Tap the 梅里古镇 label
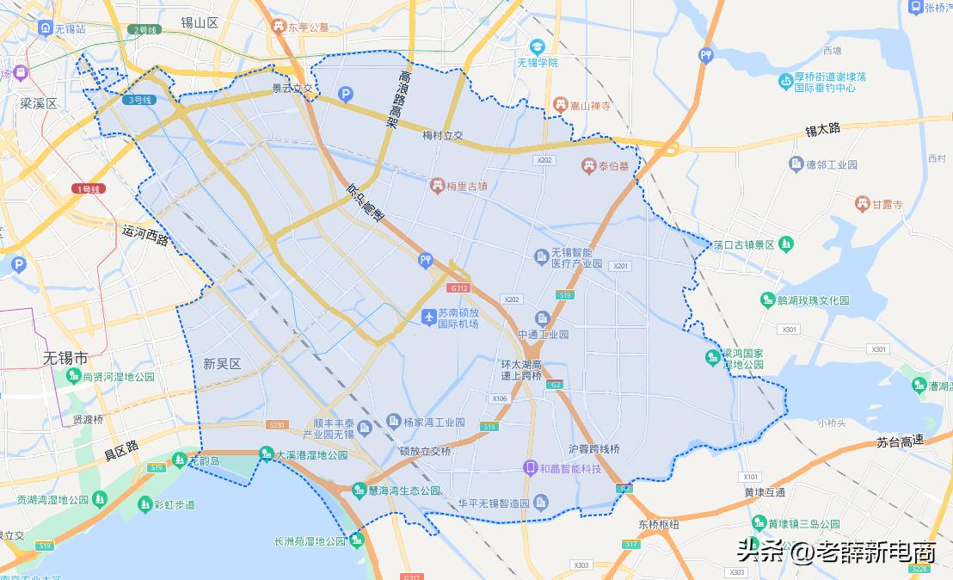pyautogui.click(x=470, y=185)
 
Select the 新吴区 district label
pyautogui.click(x=222, y=364)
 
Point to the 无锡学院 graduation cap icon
pyautogui.click(x=538, y=46)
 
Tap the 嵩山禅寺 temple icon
pyautogui.click(x=561, y=105)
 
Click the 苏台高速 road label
pyautogui.click(x=900, y=441)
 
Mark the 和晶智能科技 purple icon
pyautogui.click(x=532, y=467)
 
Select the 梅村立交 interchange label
pyautogui.click(x=443, y=135)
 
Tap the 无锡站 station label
pyautogui.click(x=70, y=28)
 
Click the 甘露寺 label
pyautogui.click(x=888, y=205)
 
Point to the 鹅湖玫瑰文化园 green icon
pyautogui.click(x=768, y=300)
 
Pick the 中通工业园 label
pyautogui.click(x=544, y=334)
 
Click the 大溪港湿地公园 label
pyautogui.click(x=311, y=454)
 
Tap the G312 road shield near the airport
pyautogui.click(x=458, y=287)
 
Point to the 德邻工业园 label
pyautogui.click(x=833, y=164)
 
